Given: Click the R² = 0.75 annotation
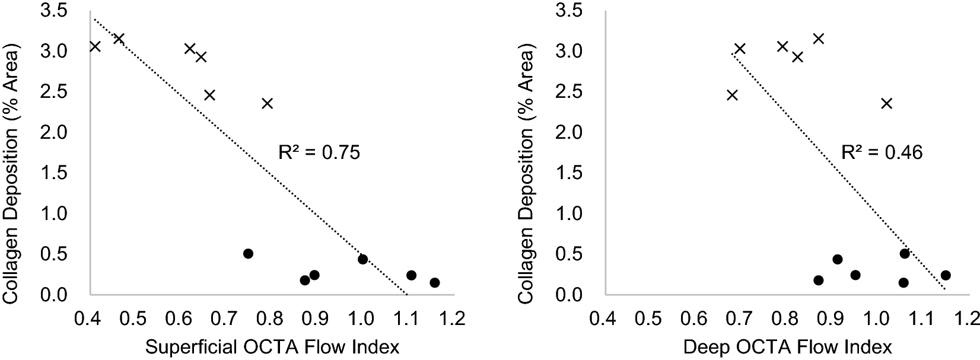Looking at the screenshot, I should pyautogui.click(x=319, y=153).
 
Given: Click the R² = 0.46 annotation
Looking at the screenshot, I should pyautogui.click(x=882, y=153).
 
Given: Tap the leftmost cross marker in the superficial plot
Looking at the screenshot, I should pyautogui.click(x=95, y=46).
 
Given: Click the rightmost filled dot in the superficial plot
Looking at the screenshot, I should pyautogui.click(x=435, y=283).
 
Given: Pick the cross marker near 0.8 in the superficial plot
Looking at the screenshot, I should pyautogui.click(x=268, y=104).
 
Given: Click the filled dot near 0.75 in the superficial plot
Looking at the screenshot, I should pyautogui.click(x=249, y=254).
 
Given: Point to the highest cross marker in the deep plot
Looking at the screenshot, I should pyautogui.click(x=819, y=39).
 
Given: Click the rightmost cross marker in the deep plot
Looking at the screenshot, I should pyautogui.click(x=886, y=104).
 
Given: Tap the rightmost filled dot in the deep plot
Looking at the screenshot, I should pyautogui.click(x=946, y=275).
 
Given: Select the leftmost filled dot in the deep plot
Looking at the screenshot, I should pyautogui.click(x=819, y=281).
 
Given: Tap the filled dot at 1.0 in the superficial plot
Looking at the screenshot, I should pyautogui.click(x=363, y=259).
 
